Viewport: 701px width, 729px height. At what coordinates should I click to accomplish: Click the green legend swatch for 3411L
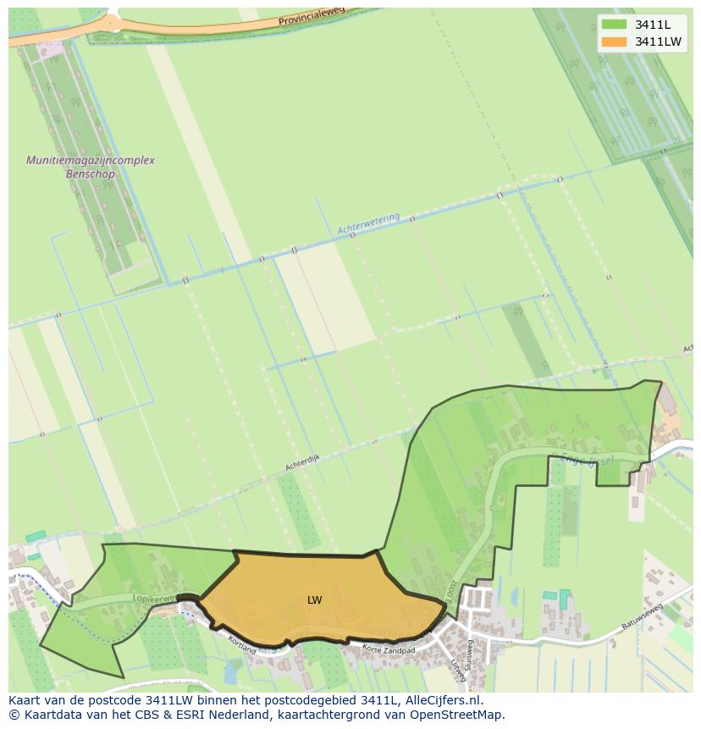(x=614, y=25)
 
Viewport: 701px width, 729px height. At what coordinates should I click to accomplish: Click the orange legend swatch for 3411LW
(x=614, y=41)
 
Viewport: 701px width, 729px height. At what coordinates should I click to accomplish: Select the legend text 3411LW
(x=658, y=41)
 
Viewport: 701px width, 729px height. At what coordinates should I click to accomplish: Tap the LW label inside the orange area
(x=314, y=600)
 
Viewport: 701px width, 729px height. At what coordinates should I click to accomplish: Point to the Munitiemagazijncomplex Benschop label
(x=90, y=167)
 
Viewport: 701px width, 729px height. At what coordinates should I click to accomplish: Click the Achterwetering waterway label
(x=368, y=224)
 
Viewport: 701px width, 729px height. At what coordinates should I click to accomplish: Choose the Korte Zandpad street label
(x=389, y=650)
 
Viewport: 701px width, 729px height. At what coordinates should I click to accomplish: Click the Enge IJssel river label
(x=586, y=459)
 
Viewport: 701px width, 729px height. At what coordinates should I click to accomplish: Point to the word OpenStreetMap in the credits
(x=456, y=715)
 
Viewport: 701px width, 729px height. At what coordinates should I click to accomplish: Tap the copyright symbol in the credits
(x=14, y=715)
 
